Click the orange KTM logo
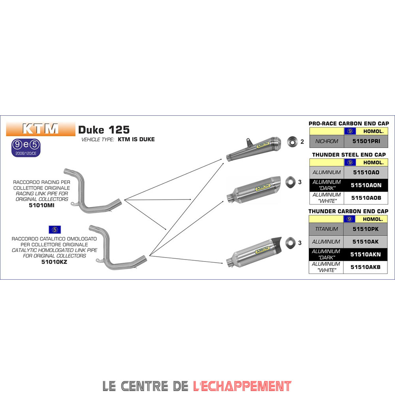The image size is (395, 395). (41, 129)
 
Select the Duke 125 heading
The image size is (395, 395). (104, 130)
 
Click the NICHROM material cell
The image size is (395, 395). (327, 141)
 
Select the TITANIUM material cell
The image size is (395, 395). (327, 229)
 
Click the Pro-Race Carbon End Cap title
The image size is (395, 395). (348, 124)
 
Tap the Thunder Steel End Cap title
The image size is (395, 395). (348, 154)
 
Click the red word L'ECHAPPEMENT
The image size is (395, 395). (243, 386)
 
